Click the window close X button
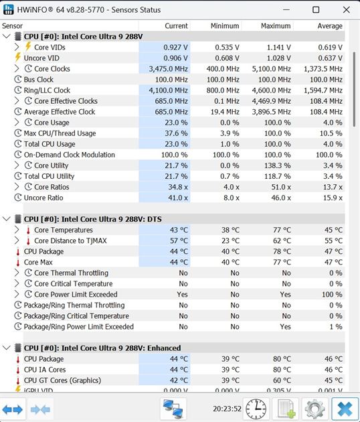click(x=347, y=10)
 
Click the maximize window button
click(x=316, y=10)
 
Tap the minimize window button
click(x=286, y=10)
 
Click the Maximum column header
click(x=276, y=26)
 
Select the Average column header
click(x=330, y=26)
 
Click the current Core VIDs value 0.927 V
click(x=175, y=48)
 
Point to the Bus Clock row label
click(x=38, y=80)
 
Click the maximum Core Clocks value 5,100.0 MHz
click(x=271, y=69)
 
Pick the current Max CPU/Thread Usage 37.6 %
click(x=176, y=133)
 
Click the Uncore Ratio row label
click(x=43, y=198)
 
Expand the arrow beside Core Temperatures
click(x=17, y=230)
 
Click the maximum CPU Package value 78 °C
click(x=281, y=251)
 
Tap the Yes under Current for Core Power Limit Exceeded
click(x=182, y=295)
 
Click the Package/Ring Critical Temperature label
click(x=76, y=316)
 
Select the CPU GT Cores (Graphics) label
click(x=62, y=380)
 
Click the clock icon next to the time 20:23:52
click(x=256, y=409)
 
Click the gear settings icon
click(x=314, y=409)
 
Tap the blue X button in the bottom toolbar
click(x=345, y=409)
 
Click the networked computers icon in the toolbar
click(x=173, y=409)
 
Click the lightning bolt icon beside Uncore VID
click(x=18, y=58)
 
